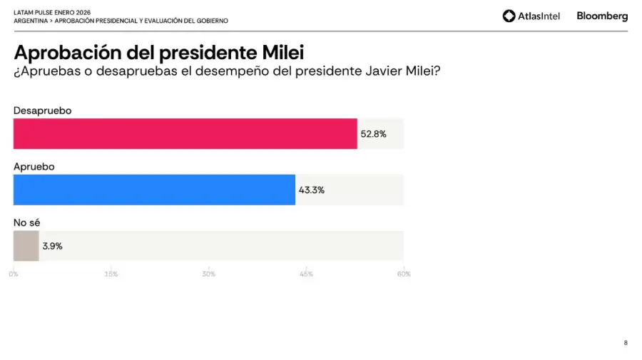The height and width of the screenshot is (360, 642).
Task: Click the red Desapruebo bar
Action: (x=185, y=133)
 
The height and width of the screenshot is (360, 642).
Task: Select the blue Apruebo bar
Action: (x=154, y=190)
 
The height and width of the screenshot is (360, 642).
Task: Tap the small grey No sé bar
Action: (x=26, y=246)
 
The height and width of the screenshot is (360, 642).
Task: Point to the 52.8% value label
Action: (x=373, y=134)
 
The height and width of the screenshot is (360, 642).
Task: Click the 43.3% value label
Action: (x=311, y=190)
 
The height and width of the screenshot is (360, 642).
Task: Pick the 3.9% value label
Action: (x=52, y=246)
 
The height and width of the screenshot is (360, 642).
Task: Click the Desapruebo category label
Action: (x=43, y=110)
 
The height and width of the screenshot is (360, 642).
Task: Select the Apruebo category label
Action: (x=34, y=166)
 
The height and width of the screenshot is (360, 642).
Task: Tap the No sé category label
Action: (x=26, y=222)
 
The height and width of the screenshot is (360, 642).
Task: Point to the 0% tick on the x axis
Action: (x=14, y=274)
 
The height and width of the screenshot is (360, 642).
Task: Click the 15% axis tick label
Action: (x=111, y=274)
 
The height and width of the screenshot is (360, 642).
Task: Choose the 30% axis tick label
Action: (x=208, y=274)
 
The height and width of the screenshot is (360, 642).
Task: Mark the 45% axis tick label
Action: (x=306, y=274)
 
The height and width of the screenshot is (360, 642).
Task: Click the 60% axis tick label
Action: (x=404, y=274)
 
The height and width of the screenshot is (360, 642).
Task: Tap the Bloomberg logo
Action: (x=602, y=16)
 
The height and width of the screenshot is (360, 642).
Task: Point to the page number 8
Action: (x=626, y=343)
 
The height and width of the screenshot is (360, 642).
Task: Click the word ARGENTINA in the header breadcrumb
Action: (x=30, y=21)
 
